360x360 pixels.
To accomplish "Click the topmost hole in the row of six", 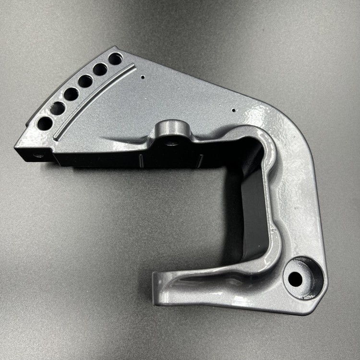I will click(115, 59).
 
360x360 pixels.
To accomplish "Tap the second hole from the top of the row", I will click(100, 70).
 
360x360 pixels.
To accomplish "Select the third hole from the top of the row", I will click(85, 81).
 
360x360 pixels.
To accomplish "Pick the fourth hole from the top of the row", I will click(71, 94).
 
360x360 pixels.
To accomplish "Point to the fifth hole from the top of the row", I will click(58, 108).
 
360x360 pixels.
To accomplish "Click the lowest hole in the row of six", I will click(45, 123).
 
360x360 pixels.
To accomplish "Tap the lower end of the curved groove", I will click(56, 139).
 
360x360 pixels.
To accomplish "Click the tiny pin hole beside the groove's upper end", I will click(143, 76).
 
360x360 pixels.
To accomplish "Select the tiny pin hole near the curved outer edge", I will click(234, 110).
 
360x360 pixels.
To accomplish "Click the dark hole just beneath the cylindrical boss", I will click(170, 142).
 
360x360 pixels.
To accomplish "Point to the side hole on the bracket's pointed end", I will click(37, 155).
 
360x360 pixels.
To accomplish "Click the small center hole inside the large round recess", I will click(296, 279).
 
